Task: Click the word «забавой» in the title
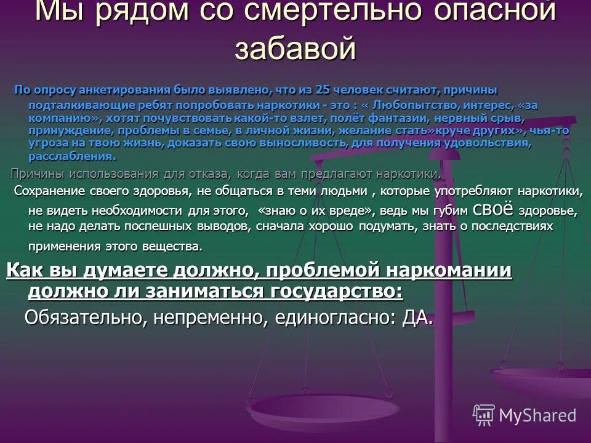coord(295,48)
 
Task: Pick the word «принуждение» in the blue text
coord(66,130)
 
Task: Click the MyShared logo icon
coord(483,415)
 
